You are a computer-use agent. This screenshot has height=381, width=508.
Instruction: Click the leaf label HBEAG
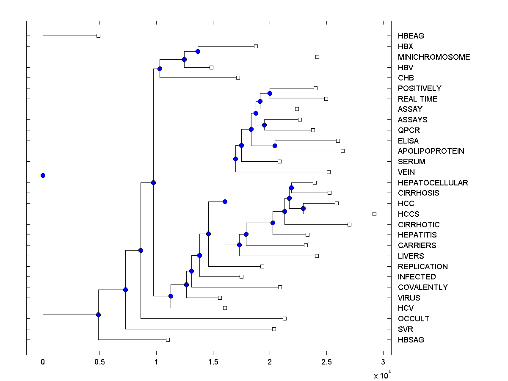411,36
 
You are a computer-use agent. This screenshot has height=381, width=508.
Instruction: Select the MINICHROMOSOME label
434,57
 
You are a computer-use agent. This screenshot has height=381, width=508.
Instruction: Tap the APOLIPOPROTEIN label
431,151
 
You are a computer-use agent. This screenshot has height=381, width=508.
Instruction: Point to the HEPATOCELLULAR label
433,183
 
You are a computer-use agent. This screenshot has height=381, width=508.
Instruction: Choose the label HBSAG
411,340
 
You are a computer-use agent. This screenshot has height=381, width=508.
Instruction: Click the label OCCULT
413,319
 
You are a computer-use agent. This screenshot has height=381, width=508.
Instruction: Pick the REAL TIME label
417,99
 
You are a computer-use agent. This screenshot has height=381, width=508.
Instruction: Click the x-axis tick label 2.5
326,362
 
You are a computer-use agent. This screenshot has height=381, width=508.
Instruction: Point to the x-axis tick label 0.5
99,362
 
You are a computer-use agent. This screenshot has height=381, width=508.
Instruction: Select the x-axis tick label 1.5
213,362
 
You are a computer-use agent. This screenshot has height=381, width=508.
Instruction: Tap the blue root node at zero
43,175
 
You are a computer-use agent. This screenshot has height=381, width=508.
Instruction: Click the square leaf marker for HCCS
374,214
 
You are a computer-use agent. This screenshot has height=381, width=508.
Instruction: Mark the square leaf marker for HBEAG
98,36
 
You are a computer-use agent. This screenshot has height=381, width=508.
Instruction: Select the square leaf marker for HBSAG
168,340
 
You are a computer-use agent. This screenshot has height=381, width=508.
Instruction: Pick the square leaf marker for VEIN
329,172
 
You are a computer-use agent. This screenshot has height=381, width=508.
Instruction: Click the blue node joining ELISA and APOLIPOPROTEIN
275,146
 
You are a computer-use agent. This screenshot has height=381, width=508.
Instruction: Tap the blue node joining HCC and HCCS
303,208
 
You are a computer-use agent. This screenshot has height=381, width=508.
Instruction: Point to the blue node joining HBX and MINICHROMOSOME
198,51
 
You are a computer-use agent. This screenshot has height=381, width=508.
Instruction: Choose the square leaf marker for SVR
274,329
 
